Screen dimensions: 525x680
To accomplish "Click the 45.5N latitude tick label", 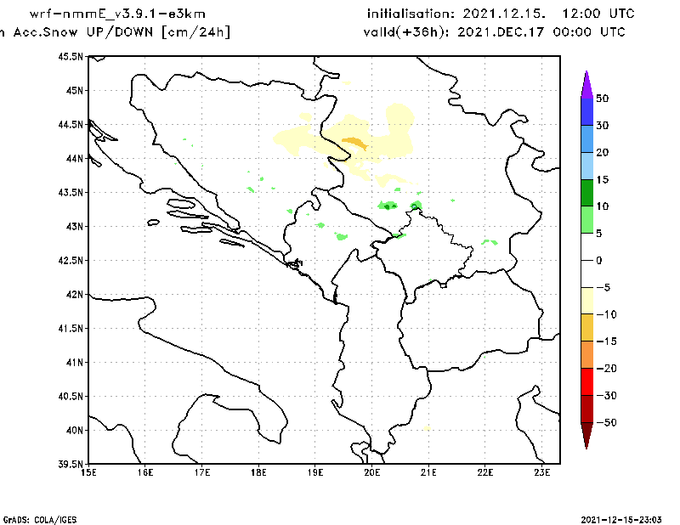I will [x=71, y=56].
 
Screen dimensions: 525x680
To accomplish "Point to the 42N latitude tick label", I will [x=75, y=294].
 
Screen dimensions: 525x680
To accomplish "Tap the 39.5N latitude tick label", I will [x=71, y=464].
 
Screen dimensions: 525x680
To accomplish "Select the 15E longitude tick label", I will [x=88, y=472].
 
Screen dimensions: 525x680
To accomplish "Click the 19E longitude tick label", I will [x=315, y=472].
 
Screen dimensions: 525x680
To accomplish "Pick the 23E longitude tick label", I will [x=542, y=472].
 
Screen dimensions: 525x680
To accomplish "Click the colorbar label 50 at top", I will [x=602, y=99].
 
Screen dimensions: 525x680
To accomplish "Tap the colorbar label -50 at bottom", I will [x=604, y=423].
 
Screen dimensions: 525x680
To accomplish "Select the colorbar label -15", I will [x=604, y=342].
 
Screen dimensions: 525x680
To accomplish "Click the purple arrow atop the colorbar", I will [x=586, y=83].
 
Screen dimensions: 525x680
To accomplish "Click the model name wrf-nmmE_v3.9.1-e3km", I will [x=117, y=14].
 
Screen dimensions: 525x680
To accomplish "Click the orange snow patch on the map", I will [x=354, y=143].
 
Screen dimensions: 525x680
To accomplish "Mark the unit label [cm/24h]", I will [x=195, y=32].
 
